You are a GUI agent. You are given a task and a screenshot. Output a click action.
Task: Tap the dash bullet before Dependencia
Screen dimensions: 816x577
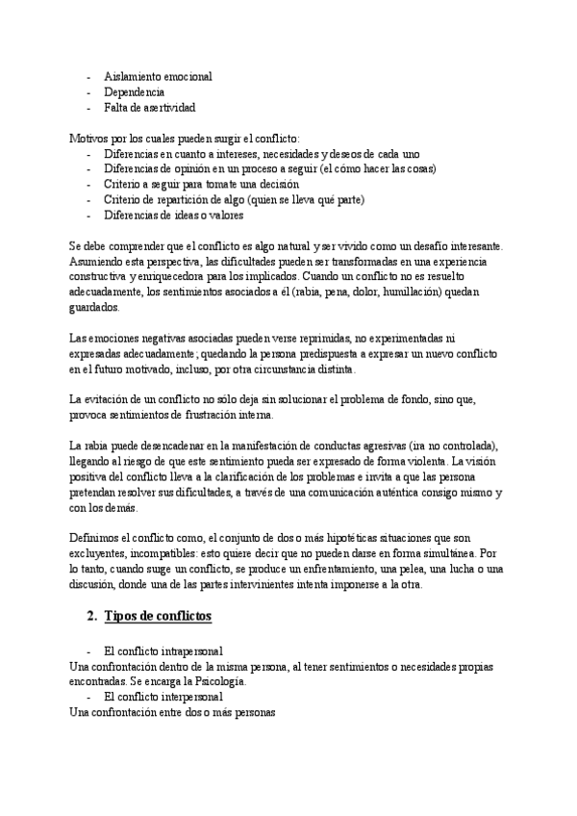tap(89, 91)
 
